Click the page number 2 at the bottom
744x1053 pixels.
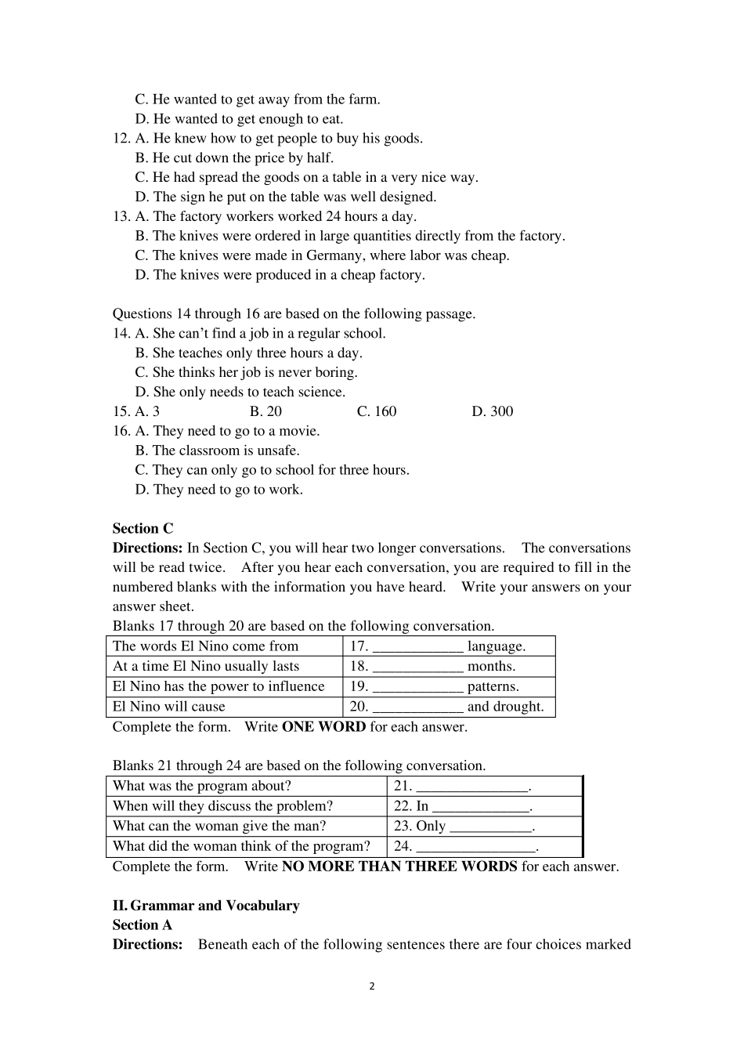coord(372,986)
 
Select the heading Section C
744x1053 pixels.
coord(143,529)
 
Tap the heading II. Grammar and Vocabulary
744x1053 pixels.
coord(206,906)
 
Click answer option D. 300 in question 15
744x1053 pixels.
coord(492,411)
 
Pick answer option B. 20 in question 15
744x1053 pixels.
coord(265,411)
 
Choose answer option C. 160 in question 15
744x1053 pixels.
coord(377,411)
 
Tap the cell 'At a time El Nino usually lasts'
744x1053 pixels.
coord(206,667)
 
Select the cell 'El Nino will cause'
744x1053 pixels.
coord(169,707)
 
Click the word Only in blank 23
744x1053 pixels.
coord(431,827)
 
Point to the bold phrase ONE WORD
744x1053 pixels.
coord(323,727)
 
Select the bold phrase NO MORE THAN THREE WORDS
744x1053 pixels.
coord(399,867)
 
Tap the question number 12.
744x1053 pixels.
coord(121,139)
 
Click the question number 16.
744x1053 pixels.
coord(121,431)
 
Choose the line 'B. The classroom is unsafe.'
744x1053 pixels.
coord(217,451)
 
